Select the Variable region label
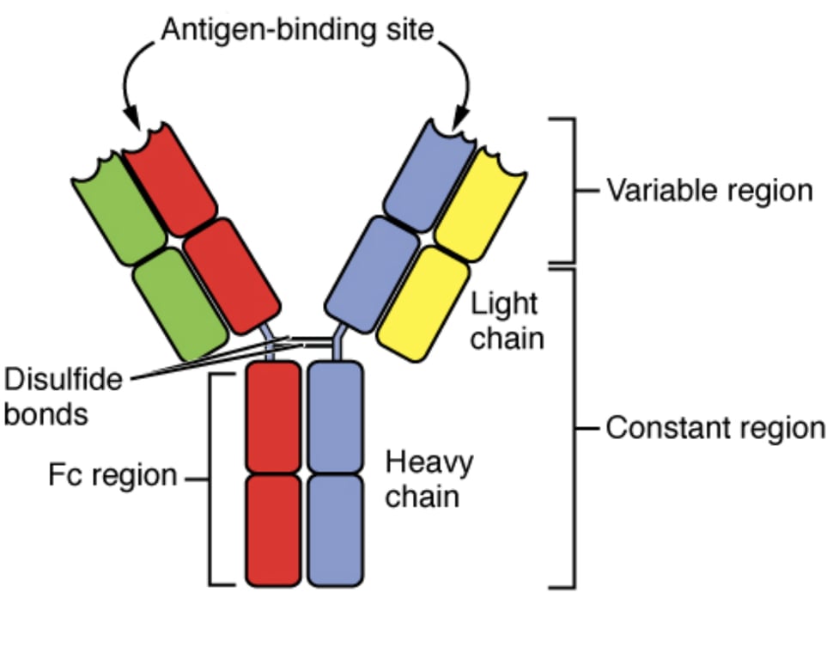point(708,190)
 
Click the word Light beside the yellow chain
point(504,303)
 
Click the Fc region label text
point(112,475)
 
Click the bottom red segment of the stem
point(273,529)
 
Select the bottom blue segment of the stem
point(336,529)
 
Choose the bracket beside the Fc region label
point(211,477)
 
